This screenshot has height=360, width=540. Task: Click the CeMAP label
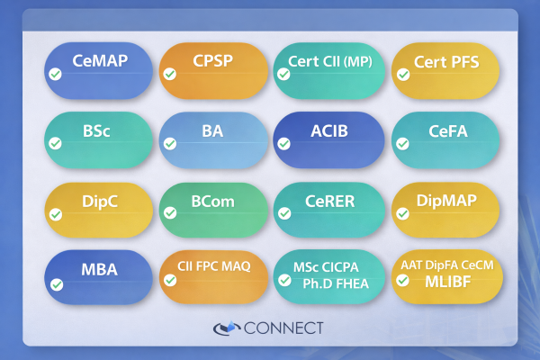pyautogui.click(x=100, y=61)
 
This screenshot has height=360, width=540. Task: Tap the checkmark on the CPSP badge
pyautogui.click(x=169, y=75)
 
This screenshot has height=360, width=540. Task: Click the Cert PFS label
pyautogui.click(x=446, y=62)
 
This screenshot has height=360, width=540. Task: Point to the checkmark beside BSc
pyautogui.click(x=56, y=143)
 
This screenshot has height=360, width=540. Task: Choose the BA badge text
pyautogui.click(x=212, y=130)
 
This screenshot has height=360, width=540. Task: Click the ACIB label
pyautogui.click(x=329, y=131)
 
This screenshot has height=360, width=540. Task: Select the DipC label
pyautogui.click(x=98, y=201)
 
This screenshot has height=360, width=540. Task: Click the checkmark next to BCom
pyautogui.click(x=169, y=213)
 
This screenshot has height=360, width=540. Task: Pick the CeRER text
pyautogui.click(x=328, y=201)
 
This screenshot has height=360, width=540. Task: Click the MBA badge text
pyautogui.click(x=99, y=269)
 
